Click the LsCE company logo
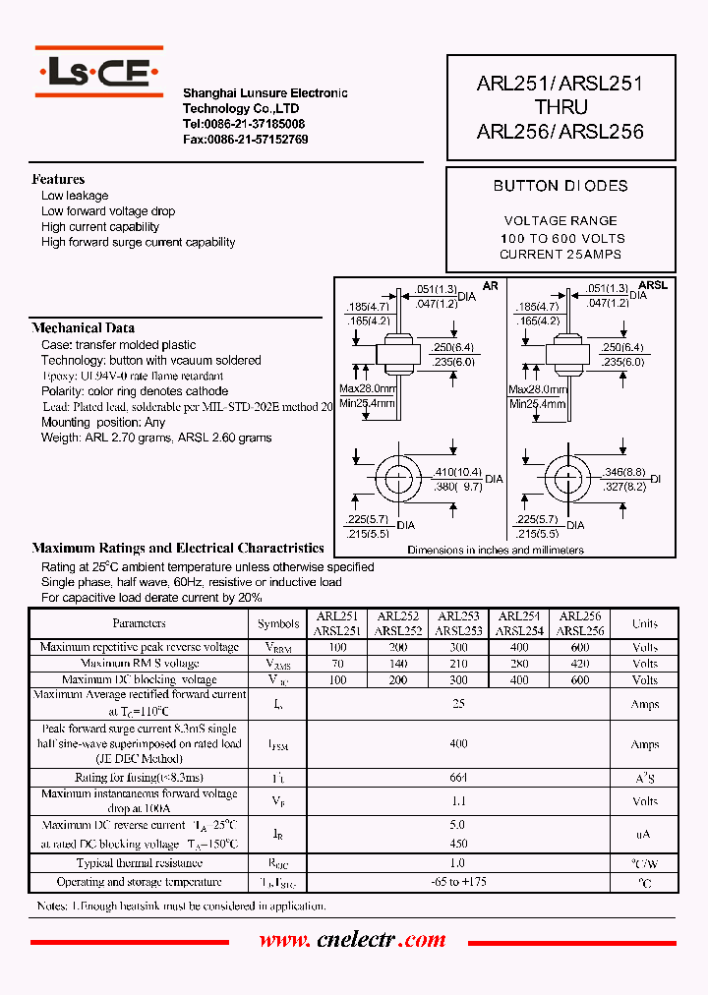click(x=99, y=71)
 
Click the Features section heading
click(x=58, y=179)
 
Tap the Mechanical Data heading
click(x=84, y=327)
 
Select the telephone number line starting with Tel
click(x=243, y=125)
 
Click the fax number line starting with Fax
click(x=245, y=140)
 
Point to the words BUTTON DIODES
click(x=560, y=186)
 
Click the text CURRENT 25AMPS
click(x=560, y=255)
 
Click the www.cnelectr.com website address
click(x=353, y=940)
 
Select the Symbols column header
click(x=278, y=623)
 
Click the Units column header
click(x=645, y=623)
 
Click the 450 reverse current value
click(x=458, y=843)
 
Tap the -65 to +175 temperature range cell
click(x=458, y=882)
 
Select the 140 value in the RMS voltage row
click(x=398, y=664)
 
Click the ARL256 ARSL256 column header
click(x=580, y=623)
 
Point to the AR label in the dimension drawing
click(x=491, y=285)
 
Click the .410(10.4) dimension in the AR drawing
click(x=456, y=473)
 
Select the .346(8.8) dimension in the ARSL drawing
click(x=623, y=473)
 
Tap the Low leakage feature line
click(x=75, y=196)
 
